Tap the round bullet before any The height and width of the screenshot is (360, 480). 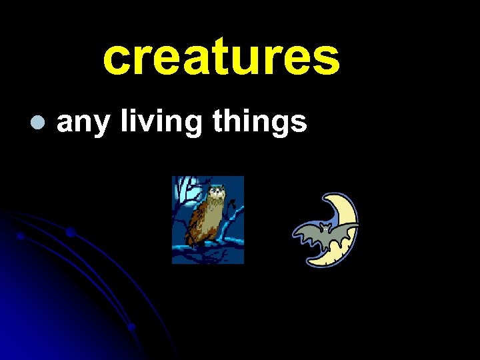pos(37,123)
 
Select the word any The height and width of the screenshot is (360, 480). pos(82,124)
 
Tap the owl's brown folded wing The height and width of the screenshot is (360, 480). pos(200,220)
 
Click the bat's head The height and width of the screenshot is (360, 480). pos(325,227)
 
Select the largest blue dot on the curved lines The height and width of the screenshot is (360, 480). pos(70,232)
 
